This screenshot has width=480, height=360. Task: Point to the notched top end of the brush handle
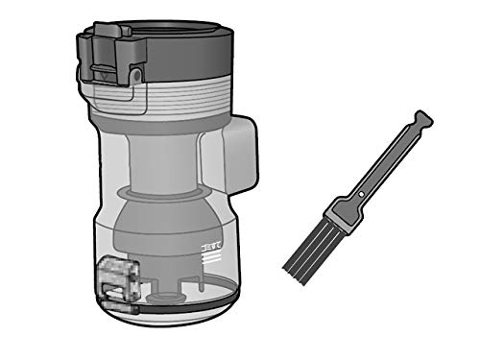click(x=420, y=120)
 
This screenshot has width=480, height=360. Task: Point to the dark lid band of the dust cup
click(x=192, y=53)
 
